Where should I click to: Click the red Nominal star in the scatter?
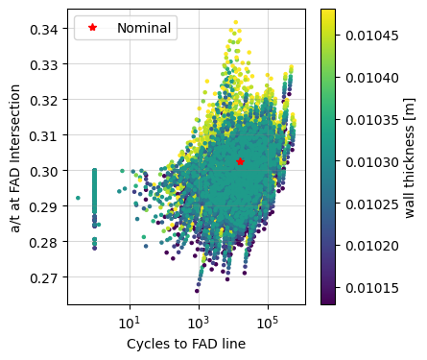pos(240,161)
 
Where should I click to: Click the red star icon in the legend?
pos(92,28)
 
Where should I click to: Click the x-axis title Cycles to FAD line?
pos(186,344)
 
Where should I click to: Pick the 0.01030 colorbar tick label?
pos(368,164)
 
